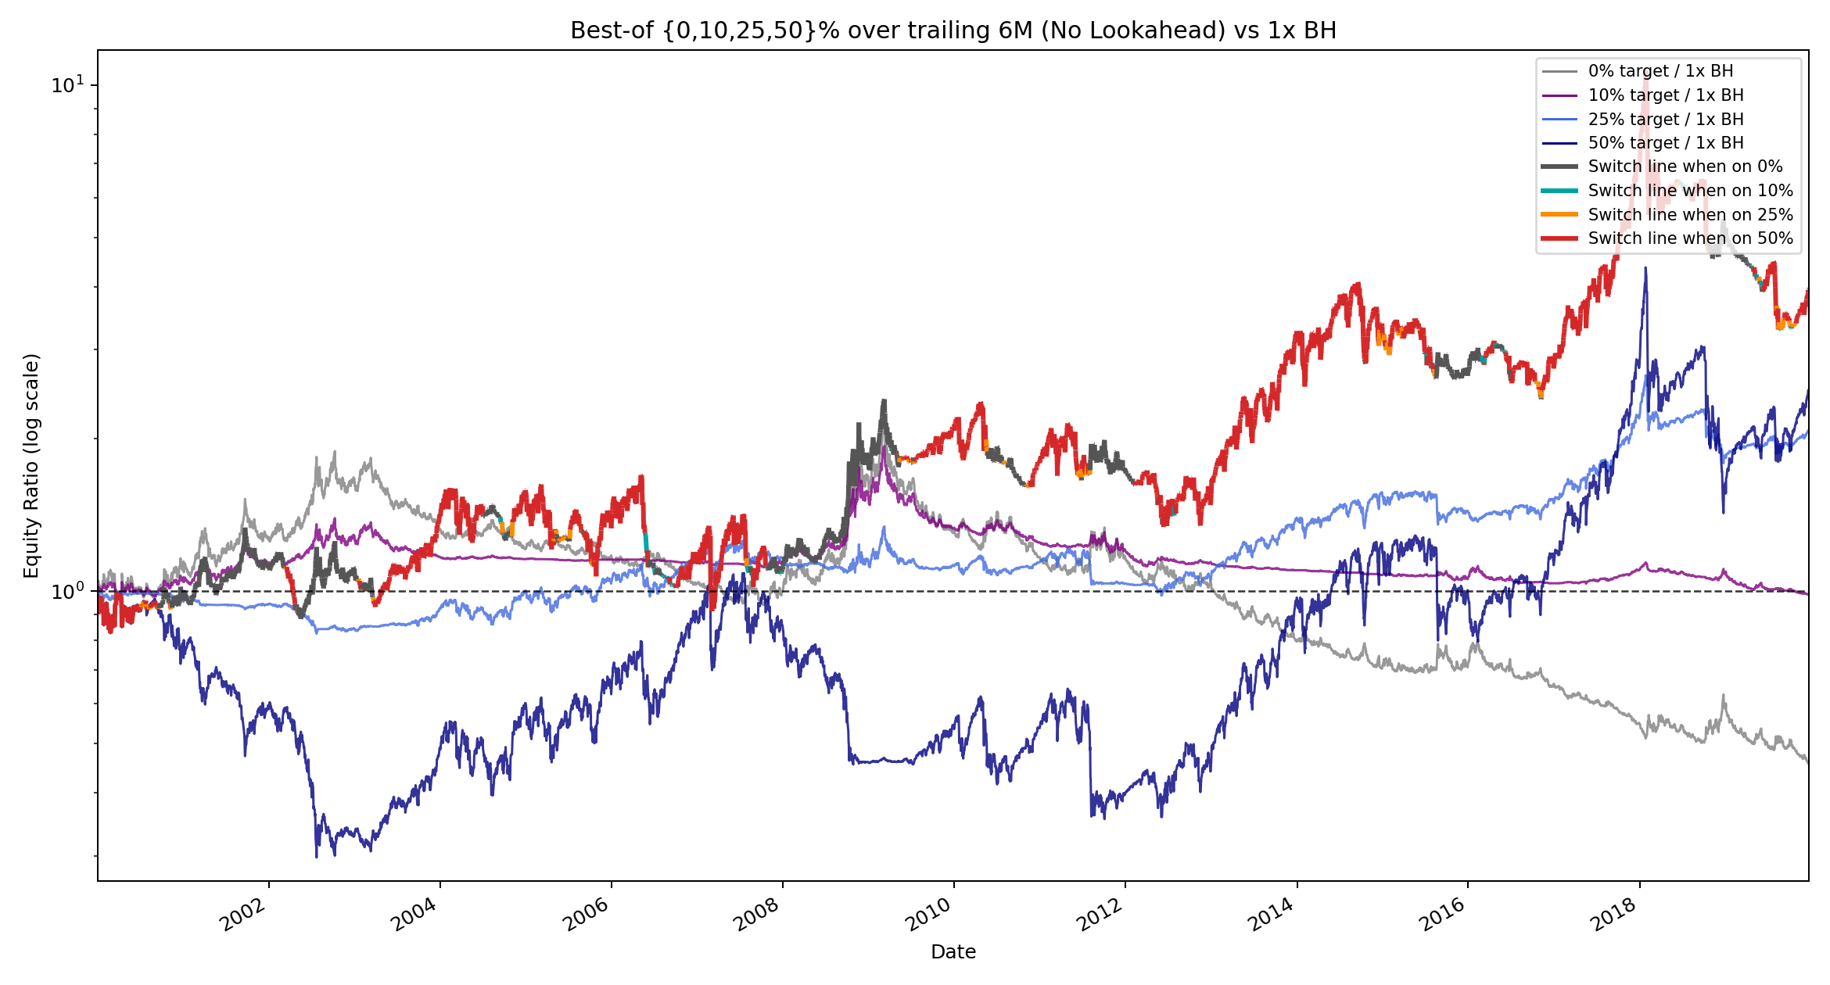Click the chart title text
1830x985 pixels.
[953, 30]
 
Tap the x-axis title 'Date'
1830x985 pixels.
[953, 951]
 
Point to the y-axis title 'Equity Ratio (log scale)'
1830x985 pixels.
[31, 466]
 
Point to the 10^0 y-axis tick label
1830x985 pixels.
[69, 591]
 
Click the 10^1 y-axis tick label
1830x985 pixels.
[69, 84]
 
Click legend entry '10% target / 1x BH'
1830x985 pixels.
[1666, 95]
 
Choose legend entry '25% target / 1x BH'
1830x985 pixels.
[1666, 120]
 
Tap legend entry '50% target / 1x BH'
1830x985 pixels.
[1666, 143]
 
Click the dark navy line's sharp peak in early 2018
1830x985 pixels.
[1645, 268]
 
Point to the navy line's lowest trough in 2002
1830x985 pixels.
[317, 857]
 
